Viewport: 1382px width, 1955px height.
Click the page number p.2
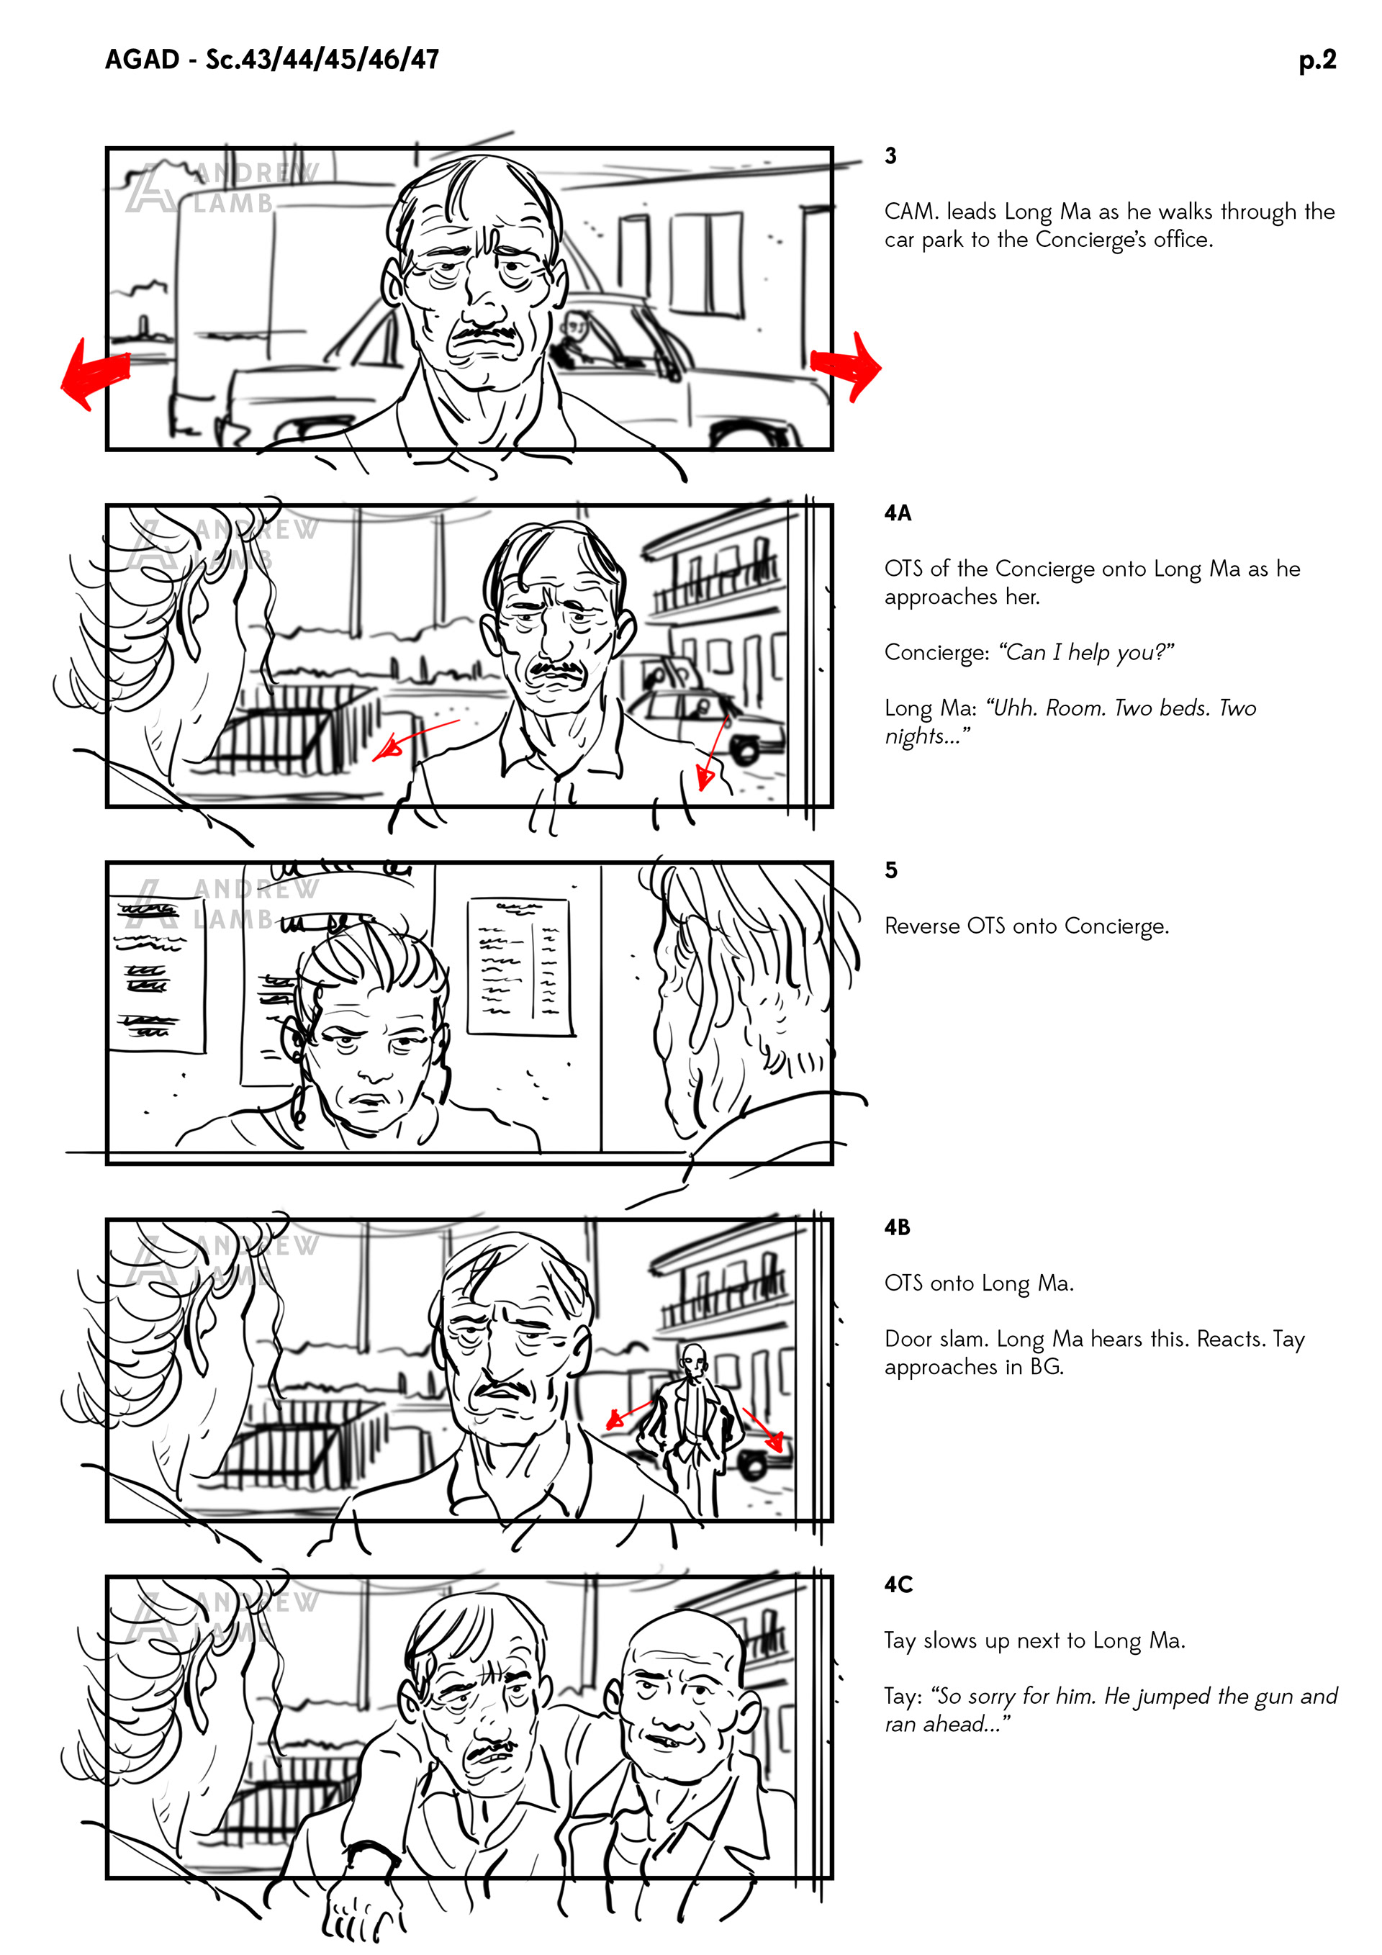[x=1316, y=60]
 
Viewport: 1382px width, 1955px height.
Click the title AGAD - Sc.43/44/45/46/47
[x=271, y=60]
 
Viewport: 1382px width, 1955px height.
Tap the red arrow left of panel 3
[x=94, y=373]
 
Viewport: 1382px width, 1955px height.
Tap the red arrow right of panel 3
[x=846, y=366]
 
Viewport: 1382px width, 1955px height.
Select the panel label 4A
[x=898, y=513]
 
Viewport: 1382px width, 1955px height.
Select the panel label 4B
[x=898, y=1227]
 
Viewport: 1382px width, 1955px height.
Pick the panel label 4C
[x=898, y=1584]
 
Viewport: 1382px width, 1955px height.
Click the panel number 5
[x=890, y=870]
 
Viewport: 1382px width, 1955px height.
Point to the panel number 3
[x=890, y=155]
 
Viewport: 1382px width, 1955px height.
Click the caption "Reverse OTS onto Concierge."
[x=1027, y=926]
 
